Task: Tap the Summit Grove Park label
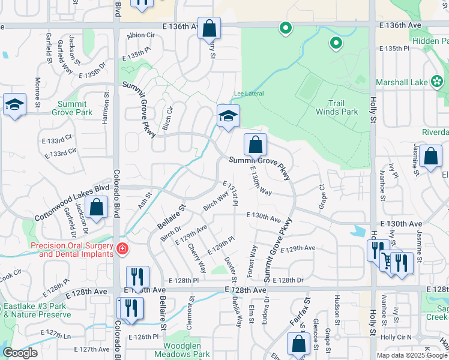point(72,108)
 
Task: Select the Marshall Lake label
point(402,82)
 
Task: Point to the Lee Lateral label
point(249,94)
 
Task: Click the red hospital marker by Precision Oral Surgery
point(122,248)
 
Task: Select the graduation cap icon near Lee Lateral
point(228,115)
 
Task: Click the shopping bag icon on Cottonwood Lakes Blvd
point(96,207)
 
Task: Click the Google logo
point(19,353)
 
